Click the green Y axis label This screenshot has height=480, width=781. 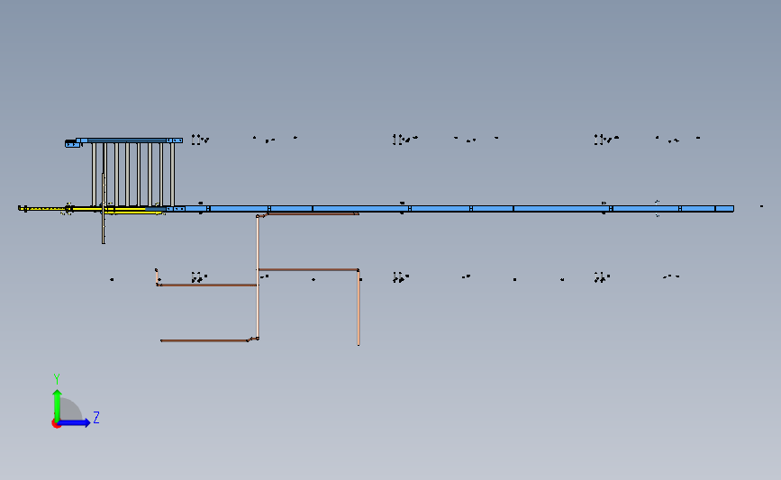pos(56,379)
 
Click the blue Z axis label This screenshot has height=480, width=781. pos(95,418)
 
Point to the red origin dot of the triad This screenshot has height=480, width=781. pos(56,423)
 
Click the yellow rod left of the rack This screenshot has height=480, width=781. pos(54,209)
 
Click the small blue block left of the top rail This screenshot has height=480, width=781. pos(70,142)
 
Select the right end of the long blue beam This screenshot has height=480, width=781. pos(731,208)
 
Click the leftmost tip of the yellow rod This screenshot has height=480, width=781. pos(20,209)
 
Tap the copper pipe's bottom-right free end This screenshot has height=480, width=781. pos(359,343)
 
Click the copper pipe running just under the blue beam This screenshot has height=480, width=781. pos(311,214)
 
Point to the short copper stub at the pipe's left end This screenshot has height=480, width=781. pos(157,276)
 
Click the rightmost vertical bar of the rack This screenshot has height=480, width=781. pos(172,174)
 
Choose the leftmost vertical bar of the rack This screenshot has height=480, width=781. pos(94,174)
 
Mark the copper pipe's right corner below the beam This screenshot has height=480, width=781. pos(359,270)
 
